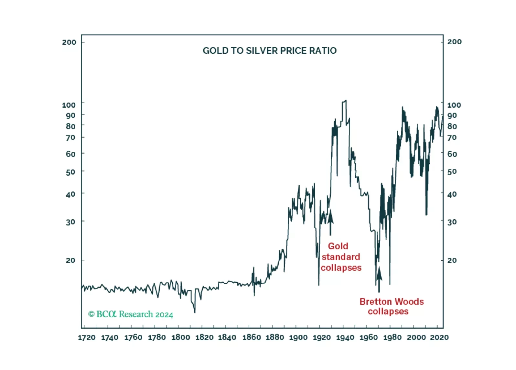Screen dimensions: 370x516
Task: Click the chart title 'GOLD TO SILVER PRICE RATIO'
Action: click(x=270, y=51)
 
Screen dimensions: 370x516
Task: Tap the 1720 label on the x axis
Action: click(x=87, y=338)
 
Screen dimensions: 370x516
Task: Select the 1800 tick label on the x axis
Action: click(x=180, y=338)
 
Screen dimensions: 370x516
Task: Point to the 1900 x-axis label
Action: click(x=298, y=338)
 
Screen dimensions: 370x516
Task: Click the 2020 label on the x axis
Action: click(x=439, y=338)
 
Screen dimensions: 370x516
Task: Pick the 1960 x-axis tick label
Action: click(x=369, y=338)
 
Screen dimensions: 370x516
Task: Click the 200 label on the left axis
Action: click(x=69, y=42)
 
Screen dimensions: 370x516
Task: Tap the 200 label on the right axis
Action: click(x=454, y=42)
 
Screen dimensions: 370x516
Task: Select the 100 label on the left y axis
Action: click(x=69, y=105)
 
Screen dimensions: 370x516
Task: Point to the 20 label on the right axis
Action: click(x=452, y=260)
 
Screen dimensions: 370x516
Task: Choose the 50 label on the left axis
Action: click(x=70, y=172)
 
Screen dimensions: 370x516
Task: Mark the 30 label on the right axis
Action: click(x=452, y=222)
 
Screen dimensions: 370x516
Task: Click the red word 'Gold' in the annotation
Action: click(x=338, y=246)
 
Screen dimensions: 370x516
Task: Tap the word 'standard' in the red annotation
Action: click(x=341, y=257)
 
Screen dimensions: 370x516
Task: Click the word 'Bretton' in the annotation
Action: click(x=375, y=302)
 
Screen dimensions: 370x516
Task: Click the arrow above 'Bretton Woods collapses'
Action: click(x=379, y=278)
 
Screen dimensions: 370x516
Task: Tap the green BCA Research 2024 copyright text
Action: click(x=131, y=314)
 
